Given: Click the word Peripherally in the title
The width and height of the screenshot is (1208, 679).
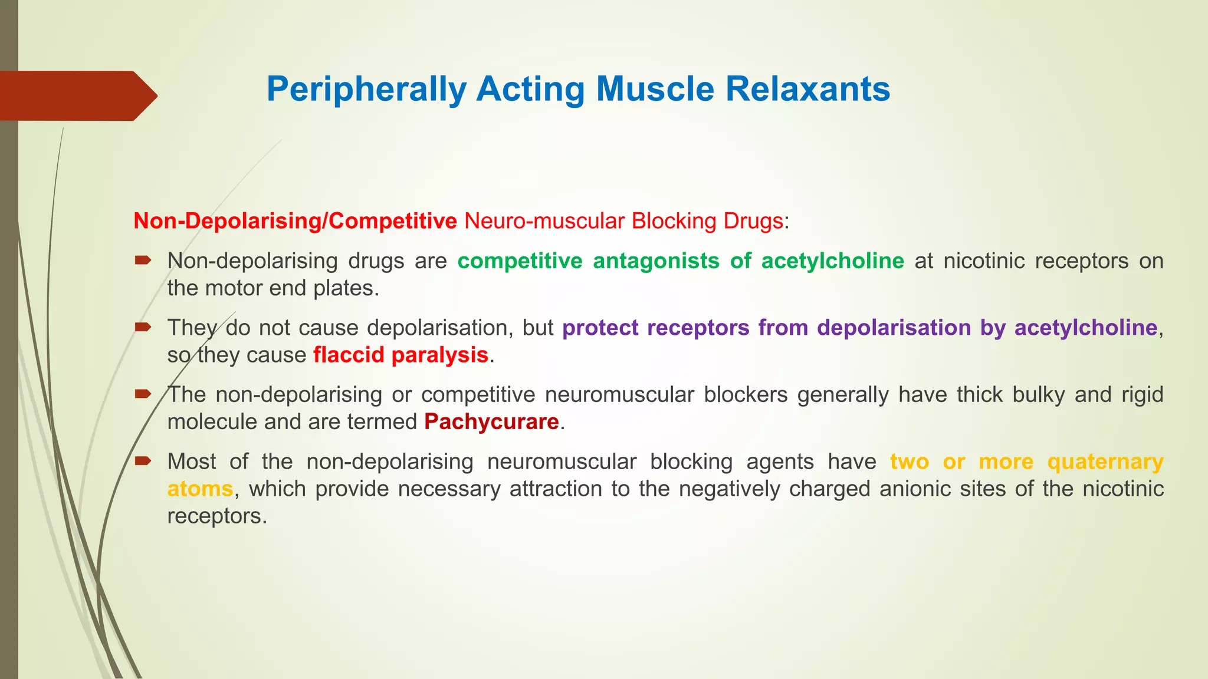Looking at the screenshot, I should pyautogui.click(x=366, y=90).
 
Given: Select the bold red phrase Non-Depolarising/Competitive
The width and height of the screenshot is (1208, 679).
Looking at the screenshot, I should pyautogui.click(x=295, y=221).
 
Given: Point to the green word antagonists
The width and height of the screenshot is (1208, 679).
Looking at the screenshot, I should pyautogui.click(x=656, y=261).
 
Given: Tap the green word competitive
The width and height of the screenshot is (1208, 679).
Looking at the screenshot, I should pyautogui.click(x=520, y=261).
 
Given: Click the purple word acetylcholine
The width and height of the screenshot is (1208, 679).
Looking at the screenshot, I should pyautogui.click(x=1085, y=328).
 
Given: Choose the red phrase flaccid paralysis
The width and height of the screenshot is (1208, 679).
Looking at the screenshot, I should pyautogui.click(x=401, y=355).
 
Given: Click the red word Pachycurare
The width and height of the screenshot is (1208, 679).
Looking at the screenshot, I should pyautogui.click(x=491, y=422).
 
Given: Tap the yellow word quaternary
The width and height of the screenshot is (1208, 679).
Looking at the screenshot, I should pyautogui.click(x=1105, y=462).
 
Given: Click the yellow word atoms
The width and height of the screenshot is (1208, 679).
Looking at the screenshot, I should pyautogui.click(x=200, y=489).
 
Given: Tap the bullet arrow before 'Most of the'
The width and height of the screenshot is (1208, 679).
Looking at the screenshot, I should pyautogui.click(x=143, y=460).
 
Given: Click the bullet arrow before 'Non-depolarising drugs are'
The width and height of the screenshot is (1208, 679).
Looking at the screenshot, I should pyautogui.click(x=143, y=259).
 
